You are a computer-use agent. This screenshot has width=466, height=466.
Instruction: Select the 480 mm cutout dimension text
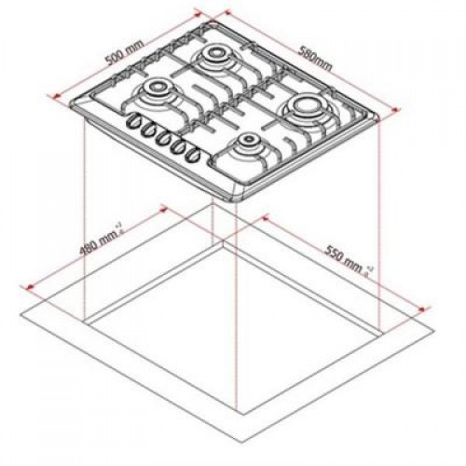(x=101, y=249)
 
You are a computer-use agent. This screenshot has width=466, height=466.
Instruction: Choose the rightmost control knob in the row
(x=196, y=155)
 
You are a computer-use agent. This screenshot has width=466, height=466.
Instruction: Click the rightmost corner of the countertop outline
(x=434, y=327)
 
